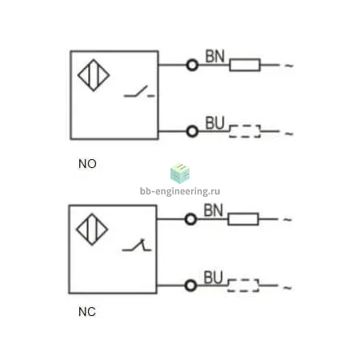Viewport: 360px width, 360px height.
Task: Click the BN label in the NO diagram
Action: tap(215, 56)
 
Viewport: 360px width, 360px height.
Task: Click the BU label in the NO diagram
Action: tap(215, 123)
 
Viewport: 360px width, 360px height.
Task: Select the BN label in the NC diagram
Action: tap(213, 210)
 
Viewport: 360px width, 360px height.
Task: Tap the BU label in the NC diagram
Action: tap(213, 278)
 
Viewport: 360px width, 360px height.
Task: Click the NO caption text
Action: tap(87, 164)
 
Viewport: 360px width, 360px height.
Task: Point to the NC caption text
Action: tap(87, 312)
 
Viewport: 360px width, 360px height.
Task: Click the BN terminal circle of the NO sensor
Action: tap(192, 65)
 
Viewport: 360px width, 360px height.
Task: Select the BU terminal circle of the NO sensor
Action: tap(192, 131)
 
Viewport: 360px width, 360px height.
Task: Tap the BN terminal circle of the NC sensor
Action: tap(190, 219)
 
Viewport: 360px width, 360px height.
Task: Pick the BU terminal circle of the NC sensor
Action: tap(190, 286)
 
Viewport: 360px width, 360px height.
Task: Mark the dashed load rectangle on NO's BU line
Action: tap(245, 131)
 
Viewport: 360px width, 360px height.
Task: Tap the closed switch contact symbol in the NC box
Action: tap(137, 246)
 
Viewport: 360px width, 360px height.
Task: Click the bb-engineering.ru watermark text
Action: tap(180, 191)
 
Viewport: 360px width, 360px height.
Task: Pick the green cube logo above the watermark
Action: tap(180, 174)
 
